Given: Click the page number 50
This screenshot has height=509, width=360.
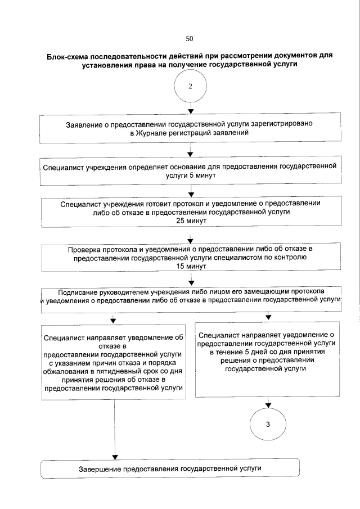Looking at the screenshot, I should point(189,39).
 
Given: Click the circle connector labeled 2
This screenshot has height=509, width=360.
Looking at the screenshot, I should point(190,86).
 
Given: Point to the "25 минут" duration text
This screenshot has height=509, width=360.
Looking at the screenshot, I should point(192,222).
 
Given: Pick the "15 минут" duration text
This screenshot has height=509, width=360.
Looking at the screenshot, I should point(192,267).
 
